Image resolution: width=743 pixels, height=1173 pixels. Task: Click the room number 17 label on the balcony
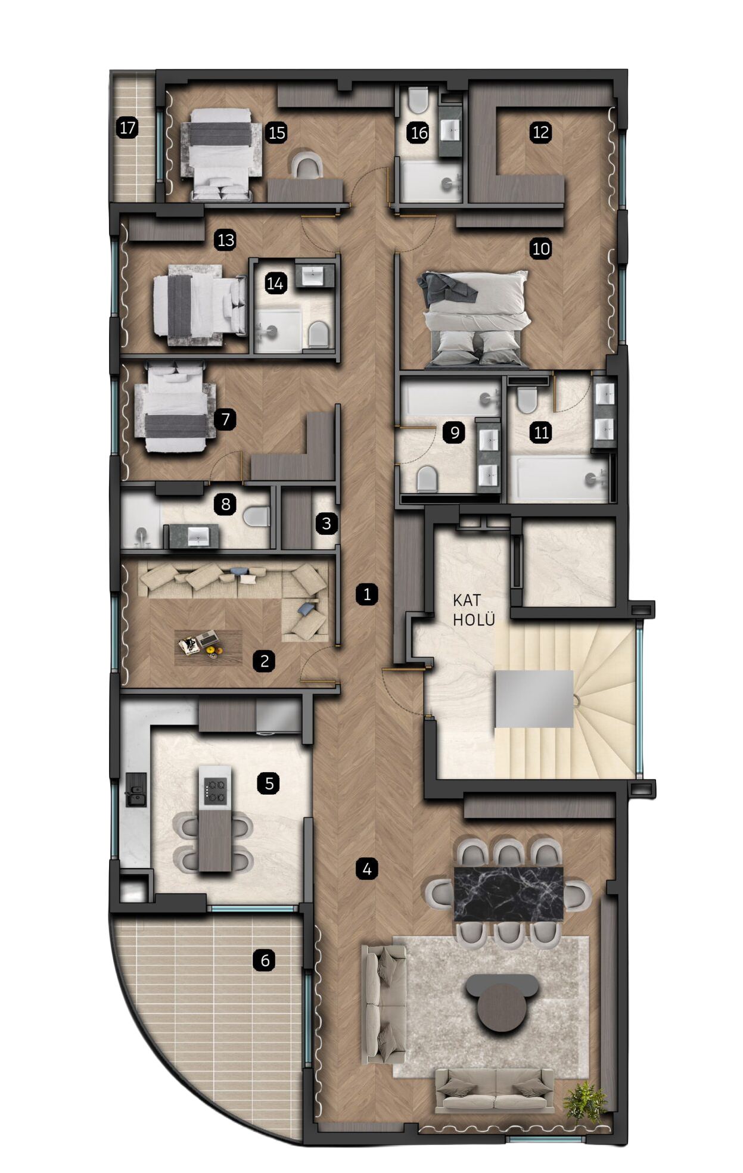coord(128,127)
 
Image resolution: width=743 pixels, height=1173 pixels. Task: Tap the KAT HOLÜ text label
coord(474,610)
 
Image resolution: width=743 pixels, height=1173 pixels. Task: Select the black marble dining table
coord(508,894)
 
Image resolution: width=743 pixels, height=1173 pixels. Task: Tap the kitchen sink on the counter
coord(135,791)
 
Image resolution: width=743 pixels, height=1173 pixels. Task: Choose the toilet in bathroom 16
coord(419,100)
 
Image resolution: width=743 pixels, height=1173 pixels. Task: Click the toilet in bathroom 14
coord(319,335)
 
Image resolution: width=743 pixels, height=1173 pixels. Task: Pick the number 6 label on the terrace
coord(265,960)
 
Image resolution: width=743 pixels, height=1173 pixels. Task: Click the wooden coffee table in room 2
coord(209,647)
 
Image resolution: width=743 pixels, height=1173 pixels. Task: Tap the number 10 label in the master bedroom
coord(540,248)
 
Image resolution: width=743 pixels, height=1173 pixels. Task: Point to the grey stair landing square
coord(534,699)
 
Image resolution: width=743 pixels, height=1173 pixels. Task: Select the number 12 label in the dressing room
coord(540,132)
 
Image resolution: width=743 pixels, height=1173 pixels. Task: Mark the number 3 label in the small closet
coord(326,524)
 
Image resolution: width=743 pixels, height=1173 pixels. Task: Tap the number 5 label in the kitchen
coord(269,783)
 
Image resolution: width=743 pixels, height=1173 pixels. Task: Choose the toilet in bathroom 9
coord(427,478)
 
